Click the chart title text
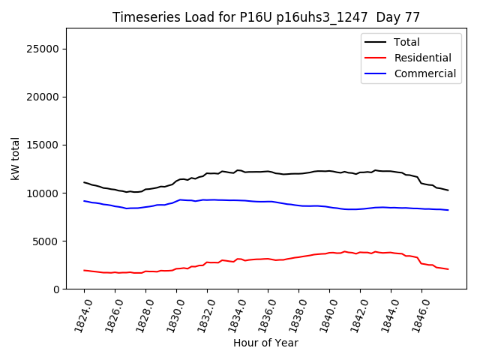(265, 17)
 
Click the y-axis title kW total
(16, 158)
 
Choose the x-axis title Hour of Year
(265, 343)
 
